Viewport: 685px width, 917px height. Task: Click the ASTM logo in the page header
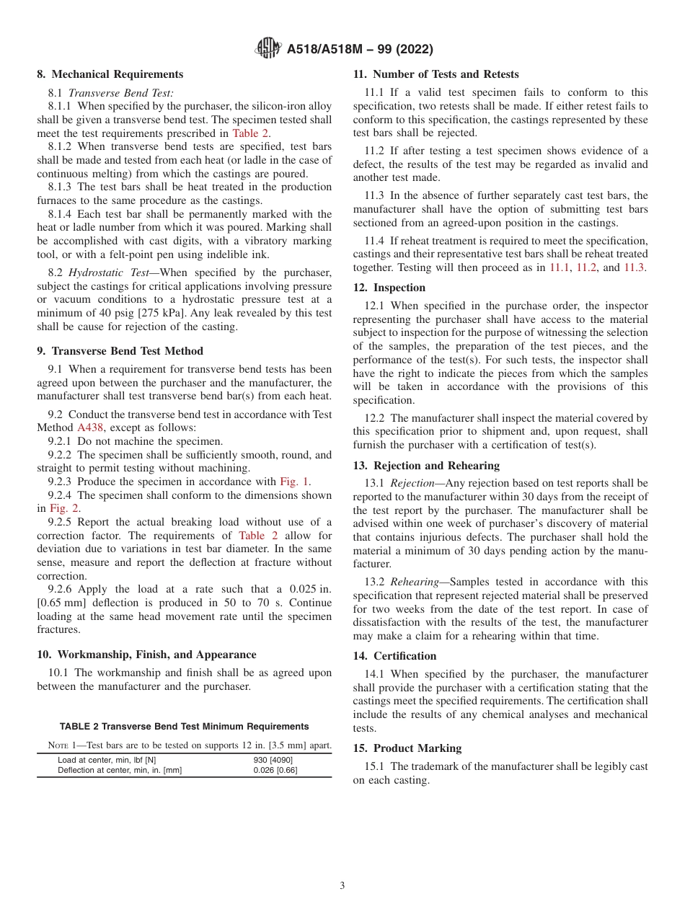click(x=268, y=49)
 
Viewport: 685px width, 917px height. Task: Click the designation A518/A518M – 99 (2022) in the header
click(x=360, y=50)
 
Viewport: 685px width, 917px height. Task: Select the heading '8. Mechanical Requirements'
click(x=110, y=74)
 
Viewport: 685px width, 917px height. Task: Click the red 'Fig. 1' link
click(x=295, y=482)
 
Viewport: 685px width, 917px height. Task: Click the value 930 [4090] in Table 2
click(x=273, y=760)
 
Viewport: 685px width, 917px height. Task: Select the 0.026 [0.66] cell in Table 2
click(x=275, y=770)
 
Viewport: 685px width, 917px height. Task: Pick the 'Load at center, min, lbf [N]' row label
click(x=107, y=760)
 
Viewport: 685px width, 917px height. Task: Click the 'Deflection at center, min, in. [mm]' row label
click(x=120, y=770)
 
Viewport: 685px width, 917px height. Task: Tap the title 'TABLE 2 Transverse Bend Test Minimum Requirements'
click(x=184, y=727)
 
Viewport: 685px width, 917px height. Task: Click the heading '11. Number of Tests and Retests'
click(x=436, y=74)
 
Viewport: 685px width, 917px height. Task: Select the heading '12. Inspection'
click(x=389, y=288)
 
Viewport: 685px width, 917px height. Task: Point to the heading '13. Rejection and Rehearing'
click(x=426, y=466)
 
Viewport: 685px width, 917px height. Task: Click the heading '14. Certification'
click(x=394, y=656)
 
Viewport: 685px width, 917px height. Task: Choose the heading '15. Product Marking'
click(x=407, y=748)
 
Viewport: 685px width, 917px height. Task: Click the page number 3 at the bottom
click(x=342, y=886)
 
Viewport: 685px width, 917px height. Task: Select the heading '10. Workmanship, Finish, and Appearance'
click(x=147, y=655)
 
